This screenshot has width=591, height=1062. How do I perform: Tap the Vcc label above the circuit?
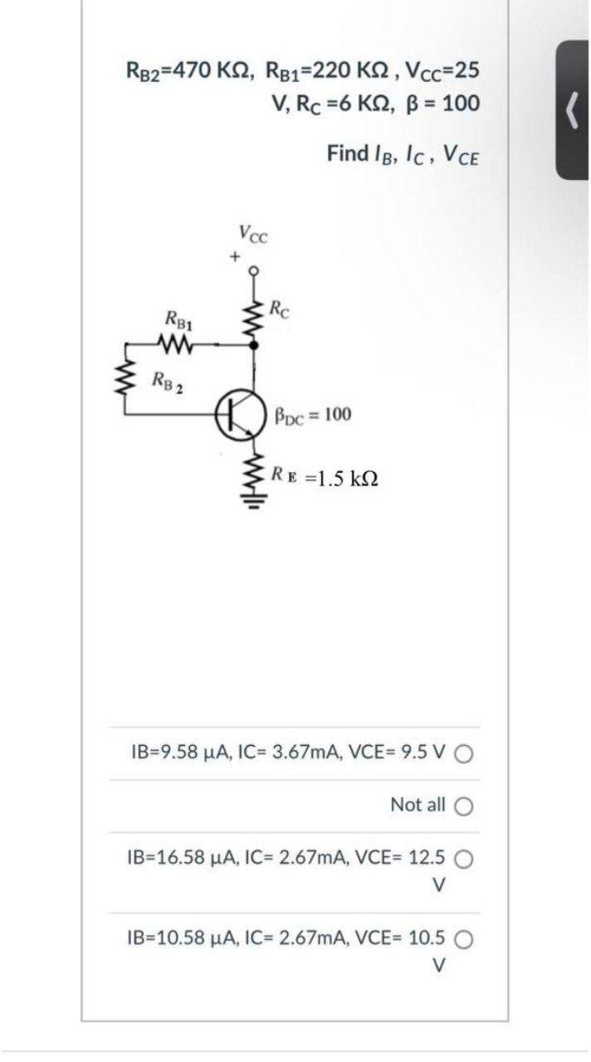pos(252,233)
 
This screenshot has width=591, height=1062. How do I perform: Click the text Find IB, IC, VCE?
pos(403,153)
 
